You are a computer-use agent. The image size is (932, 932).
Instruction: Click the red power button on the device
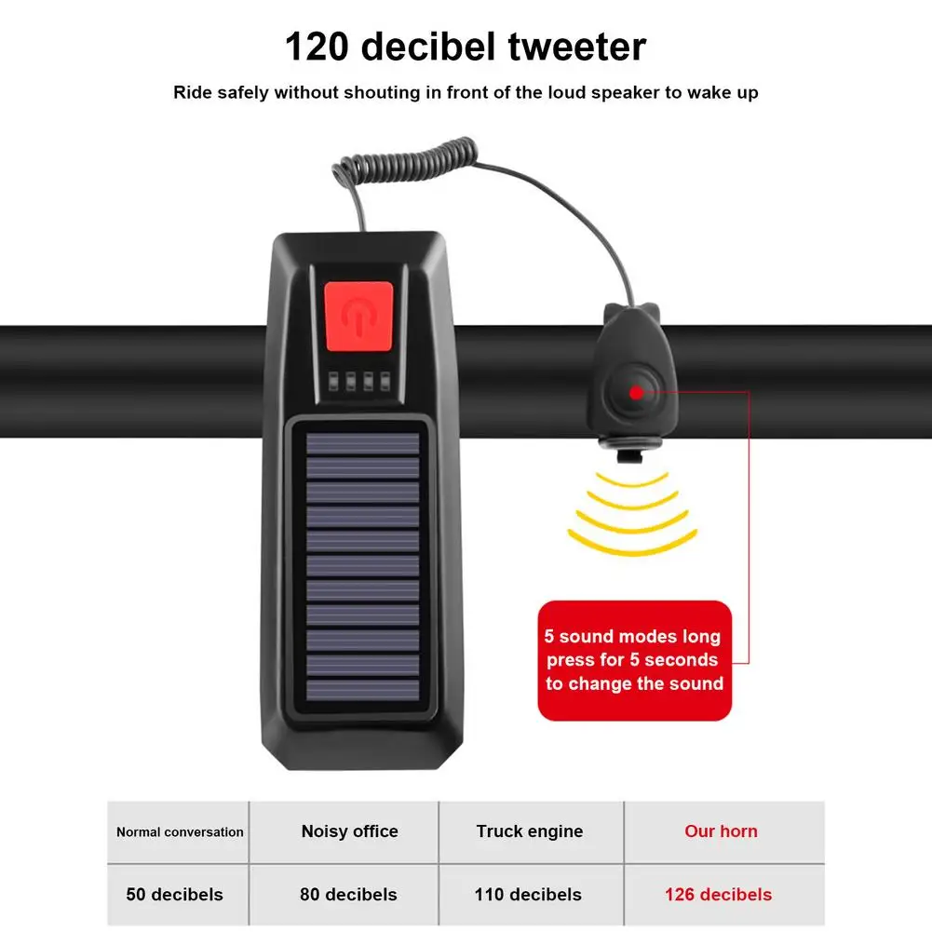[358, 317]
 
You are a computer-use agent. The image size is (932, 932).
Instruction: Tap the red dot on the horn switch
[636, 392]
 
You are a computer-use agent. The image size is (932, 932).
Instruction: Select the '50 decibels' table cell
[175, 894]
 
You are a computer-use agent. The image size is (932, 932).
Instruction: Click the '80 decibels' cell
[348, 894]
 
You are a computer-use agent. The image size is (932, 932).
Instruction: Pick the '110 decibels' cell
[528, 894]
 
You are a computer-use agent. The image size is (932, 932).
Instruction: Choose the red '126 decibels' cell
[718, 894]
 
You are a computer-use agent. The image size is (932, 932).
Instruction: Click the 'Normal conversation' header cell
[180, 831]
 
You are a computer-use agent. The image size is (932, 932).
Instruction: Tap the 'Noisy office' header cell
[349, 831]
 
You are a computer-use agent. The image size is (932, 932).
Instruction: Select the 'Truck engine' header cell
[530, 831]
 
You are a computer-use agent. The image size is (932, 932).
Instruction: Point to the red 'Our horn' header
[721, 831]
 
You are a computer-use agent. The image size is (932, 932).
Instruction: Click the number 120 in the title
[317, 47]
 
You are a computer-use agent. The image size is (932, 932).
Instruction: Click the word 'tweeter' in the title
[576, 47]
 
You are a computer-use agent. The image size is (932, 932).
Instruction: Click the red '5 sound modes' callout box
[634, 660]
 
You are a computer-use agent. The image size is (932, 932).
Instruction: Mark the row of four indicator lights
[359, 381]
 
